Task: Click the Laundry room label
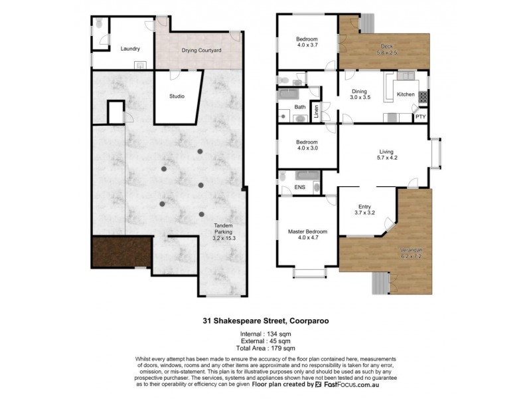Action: [x=129, y=49]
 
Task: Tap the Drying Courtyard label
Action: [x=201, y=51]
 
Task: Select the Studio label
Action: [x=177, y=96]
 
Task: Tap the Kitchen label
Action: [x=406, y=95]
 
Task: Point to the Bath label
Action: [x=300, y=106]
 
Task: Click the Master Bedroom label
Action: [x=306, y=235]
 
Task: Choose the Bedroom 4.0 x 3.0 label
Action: [x=307, y=145]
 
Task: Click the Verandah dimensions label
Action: [x=411, y=253]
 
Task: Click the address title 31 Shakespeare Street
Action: [x=265, y=319]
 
